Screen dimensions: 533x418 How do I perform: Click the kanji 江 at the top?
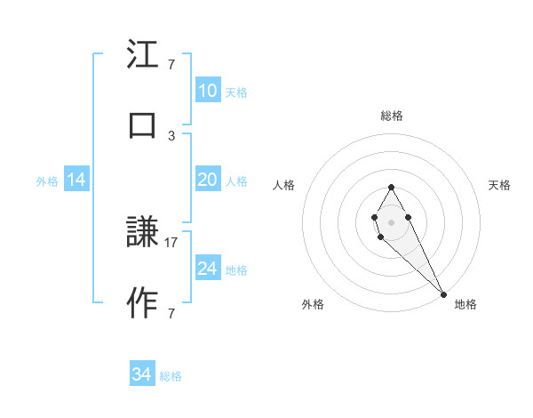tap(143, 56)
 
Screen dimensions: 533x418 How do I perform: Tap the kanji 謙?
tap(143, 234)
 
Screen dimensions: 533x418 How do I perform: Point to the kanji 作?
tap(143, 303)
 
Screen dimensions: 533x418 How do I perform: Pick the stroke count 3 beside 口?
tap(171, 134)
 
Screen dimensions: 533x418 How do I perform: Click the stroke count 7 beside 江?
tap(171, 65)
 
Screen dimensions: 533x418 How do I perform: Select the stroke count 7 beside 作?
tap(171, 313)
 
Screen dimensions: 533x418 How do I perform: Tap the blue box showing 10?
tap(207, 91)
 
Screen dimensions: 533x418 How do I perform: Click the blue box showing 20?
tap(207, 180)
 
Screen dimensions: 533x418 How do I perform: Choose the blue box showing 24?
tap(207, 269)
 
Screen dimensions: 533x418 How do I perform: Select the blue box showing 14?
tap(76, 180)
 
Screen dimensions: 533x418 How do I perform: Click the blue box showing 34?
tap(141, 374)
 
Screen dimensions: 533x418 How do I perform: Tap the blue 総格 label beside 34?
tap(171, 376)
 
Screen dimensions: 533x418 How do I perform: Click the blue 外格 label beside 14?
tap(47, 181)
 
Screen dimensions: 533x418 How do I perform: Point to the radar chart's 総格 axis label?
tap(392, 116)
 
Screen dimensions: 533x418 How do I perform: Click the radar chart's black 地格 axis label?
tap(465, 304)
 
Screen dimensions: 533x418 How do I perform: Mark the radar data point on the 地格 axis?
tap(443, 293)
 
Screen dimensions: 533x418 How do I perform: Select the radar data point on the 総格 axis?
tap(391, 187)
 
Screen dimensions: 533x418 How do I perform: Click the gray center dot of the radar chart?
tap(391, 221)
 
